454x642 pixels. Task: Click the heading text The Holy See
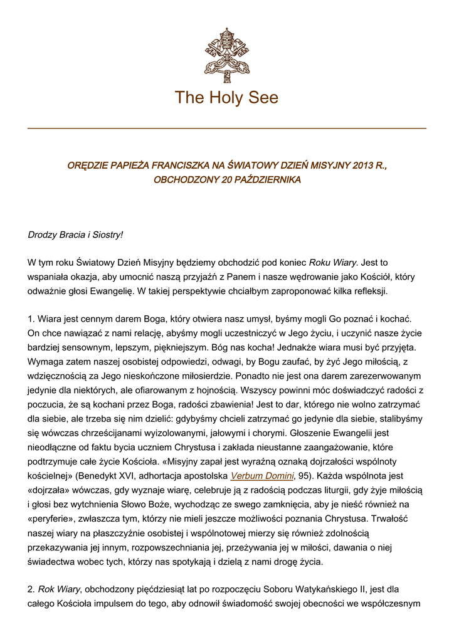click(x=226, y=98)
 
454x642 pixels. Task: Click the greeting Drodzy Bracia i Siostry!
click(x=75, y=234)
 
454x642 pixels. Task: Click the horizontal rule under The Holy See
click(x=226, y=129)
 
